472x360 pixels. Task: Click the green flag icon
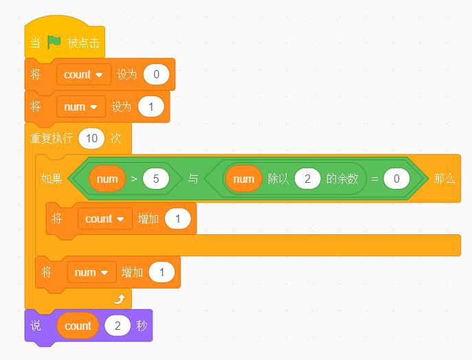tap(54, 42)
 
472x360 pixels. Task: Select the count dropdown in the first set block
tap(84, 74)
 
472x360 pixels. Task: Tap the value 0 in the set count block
tap(156, 74)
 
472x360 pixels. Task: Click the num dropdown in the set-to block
tap(81, 106)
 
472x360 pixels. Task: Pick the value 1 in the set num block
tap(151, 106)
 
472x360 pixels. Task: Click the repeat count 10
tap(91, 139)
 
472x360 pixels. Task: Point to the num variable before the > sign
tap(107, 179)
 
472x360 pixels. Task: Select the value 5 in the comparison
tap(156, 179)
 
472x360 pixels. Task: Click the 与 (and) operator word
tap(193, 179)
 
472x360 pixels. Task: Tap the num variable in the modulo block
tap(243, 179)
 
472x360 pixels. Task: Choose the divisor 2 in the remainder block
tap(307, 179)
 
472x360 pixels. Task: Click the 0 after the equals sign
tap(396, 179)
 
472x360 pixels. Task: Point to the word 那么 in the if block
tap(445, 179)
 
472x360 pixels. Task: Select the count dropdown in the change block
tap(105, 218)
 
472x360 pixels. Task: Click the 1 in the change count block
tap(178, 218)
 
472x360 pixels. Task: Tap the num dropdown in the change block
tap(92, 272)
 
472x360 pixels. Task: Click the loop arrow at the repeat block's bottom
tap(120, 299)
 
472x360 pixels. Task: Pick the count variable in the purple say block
tap(78, 326)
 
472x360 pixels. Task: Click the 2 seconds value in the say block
tap(117, 326)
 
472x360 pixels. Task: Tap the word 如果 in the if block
tap(52, 179)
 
